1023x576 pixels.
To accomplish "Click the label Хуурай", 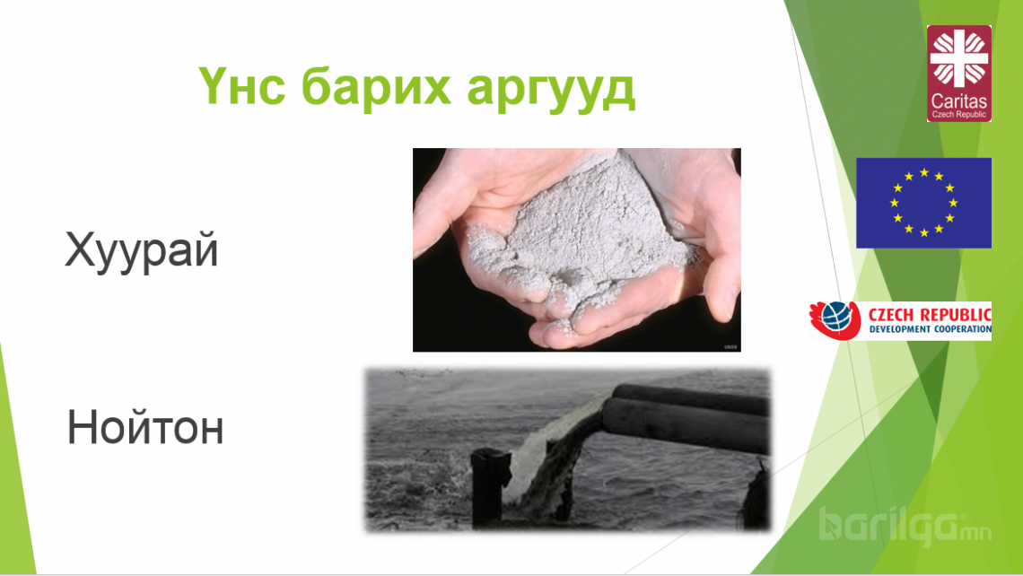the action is (142, 251).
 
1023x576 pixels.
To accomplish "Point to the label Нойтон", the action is (145, 427).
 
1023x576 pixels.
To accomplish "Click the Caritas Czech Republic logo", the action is (958, 74).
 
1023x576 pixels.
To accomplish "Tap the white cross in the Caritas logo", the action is (958, 58).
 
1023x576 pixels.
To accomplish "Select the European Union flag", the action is (923, 203).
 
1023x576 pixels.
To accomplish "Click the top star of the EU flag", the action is (923, 172).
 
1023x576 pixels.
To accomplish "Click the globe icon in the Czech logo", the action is (836, 318).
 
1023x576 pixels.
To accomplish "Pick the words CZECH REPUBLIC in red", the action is (930, 314).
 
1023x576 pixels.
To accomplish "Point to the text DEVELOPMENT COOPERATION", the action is (931, 329).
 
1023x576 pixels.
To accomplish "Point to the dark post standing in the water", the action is (488, 486).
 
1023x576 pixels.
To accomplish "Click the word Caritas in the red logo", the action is (958, 101).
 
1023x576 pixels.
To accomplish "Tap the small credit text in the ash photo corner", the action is (730, 347).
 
